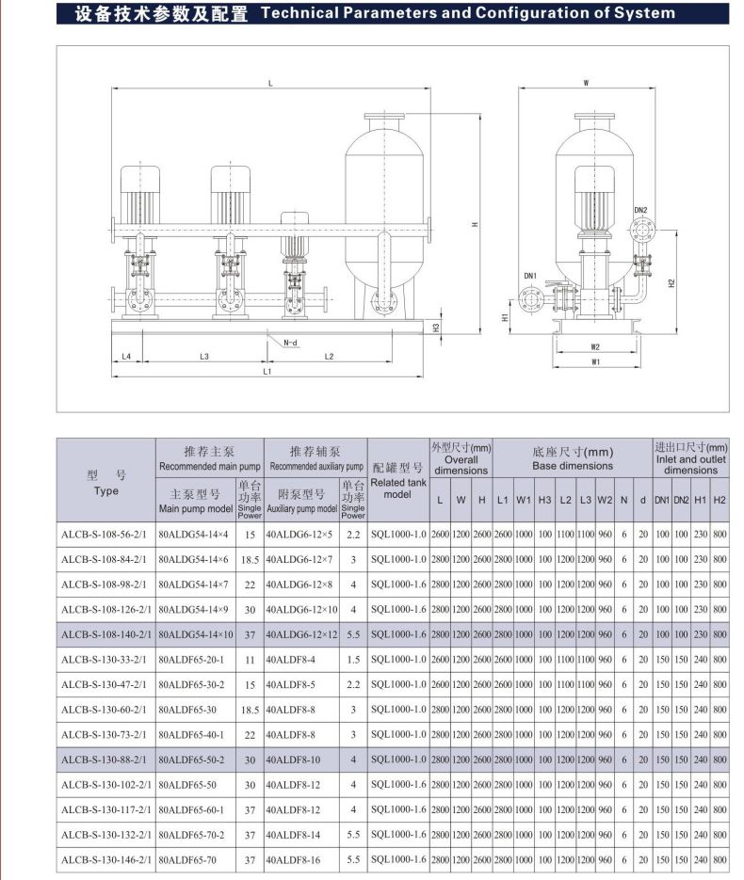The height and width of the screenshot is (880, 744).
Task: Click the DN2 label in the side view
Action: pos(640,210)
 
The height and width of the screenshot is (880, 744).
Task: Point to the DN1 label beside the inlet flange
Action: pos(530,276)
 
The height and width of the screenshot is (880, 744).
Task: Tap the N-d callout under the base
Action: pos(290,343)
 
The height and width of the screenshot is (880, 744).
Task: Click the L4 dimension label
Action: pos(126,356)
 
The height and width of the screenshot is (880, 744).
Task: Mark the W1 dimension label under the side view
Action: pos(595,360)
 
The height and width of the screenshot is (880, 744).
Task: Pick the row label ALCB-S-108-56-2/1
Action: pos(105,534)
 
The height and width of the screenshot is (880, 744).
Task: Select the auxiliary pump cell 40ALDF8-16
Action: pos(293,859)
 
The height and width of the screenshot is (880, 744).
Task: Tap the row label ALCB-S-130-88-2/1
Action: pos(105,759)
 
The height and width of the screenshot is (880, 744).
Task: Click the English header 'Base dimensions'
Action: pos(573,466)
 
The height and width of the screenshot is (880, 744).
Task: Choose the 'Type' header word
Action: pos(106,490)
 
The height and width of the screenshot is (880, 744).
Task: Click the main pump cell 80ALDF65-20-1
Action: pos(191,659)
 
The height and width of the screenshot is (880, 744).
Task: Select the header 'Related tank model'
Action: pos(398,488)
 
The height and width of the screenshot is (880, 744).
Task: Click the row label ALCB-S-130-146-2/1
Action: pos(107,859)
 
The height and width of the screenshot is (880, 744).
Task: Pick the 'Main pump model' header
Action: pos(195,509)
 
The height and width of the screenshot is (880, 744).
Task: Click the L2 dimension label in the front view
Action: pos(329,356)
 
